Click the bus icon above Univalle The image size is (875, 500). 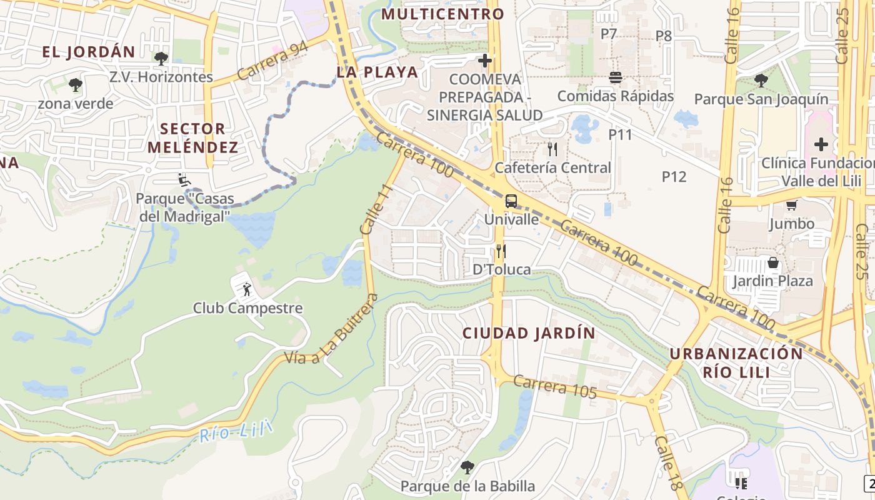(511, 201)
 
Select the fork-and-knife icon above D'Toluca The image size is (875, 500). (501, 251)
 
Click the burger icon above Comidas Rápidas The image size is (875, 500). (616, 77)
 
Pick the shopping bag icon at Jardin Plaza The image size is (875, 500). (773, 262)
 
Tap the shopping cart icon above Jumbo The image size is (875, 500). (791, 205)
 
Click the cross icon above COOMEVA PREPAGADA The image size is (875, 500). (484, 61)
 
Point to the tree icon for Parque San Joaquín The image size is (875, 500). (761, 81)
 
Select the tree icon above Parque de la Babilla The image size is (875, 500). (467, 467)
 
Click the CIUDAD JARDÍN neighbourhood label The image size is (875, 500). (529, 333)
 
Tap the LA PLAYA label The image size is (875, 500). (377, 72)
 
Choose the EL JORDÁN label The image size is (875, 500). (89, 52)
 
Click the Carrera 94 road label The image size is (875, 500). (272, 62)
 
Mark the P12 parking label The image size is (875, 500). (674, 177)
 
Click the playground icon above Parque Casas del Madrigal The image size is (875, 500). (183, 180)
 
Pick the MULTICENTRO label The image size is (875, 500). (442, 14)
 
